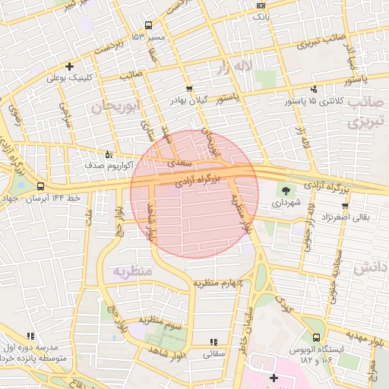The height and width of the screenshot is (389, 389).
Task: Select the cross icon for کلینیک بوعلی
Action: coord(71,66)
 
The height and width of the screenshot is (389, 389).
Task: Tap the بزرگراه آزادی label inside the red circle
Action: coord(197,182)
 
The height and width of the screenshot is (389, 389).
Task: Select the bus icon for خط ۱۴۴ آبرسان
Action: coord(40,186)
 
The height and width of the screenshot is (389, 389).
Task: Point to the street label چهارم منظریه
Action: coord(217,283)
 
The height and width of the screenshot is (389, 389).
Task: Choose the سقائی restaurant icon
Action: coord(213,342)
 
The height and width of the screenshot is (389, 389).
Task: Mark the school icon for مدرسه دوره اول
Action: coord(30,335)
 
